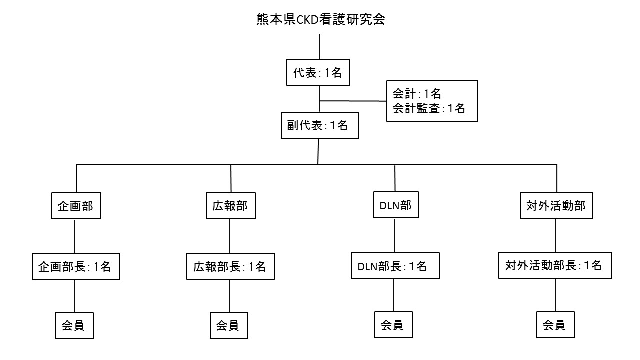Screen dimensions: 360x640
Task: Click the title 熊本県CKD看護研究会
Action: (x=320, y=20)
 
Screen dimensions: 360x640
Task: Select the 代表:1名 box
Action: (x=317, y=73)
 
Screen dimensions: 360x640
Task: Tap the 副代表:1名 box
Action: (x=320, y=125)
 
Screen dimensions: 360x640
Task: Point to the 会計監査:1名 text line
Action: (x=429, y=108)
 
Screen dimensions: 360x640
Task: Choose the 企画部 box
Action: (x=76, y=206)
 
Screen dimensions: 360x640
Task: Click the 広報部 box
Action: (x=230, y=206)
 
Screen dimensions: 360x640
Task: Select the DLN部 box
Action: (x=395, y=206)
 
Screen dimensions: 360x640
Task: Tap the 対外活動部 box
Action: (x=556, y=206)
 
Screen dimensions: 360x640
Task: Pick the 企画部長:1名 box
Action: (x=76, y=266)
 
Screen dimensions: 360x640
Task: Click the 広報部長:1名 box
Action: (x=230, y=266)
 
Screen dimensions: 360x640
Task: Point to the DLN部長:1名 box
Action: (x=394, y=266)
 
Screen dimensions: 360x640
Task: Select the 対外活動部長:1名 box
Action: (x=555, y=265)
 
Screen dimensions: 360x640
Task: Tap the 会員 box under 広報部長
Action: (x=229, y=325)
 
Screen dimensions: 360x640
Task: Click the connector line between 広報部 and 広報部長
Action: (x=229, y=236)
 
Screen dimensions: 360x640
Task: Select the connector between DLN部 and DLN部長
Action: (x=394, y=236)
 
